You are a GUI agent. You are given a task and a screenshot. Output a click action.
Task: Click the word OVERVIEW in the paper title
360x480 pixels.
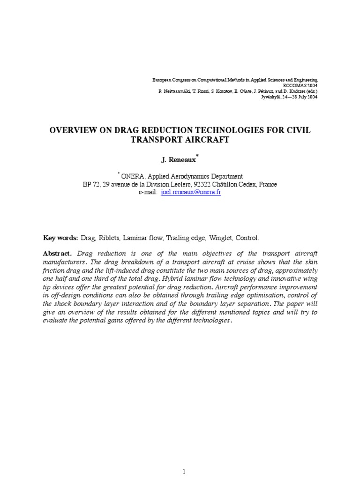[75, 130]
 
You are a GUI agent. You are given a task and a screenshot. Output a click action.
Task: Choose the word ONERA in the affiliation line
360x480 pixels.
[133, 177]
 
